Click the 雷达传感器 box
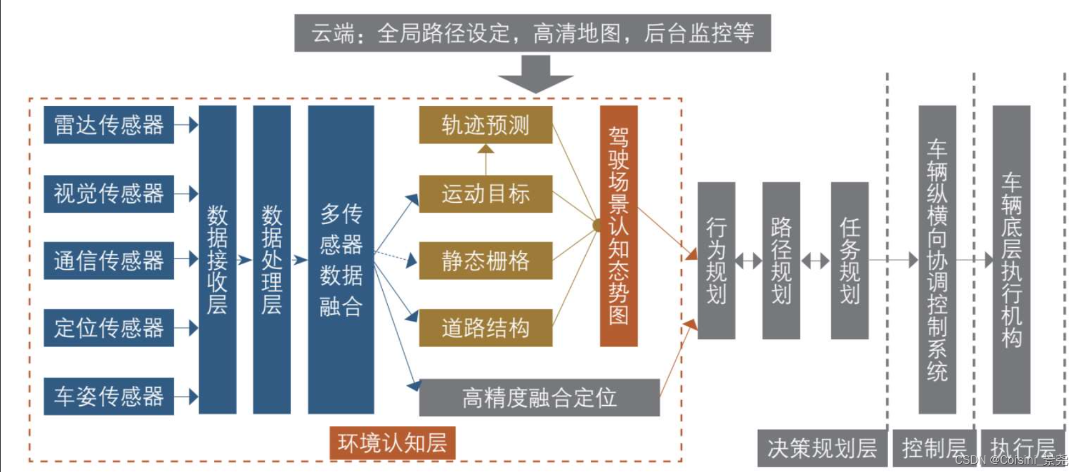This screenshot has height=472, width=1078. pos(109,125)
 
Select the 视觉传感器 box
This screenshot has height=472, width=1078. pos(109,194)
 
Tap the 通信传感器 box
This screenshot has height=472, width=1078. pos(109,260)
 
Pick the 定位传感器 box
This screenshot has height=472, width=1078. pos(109,328)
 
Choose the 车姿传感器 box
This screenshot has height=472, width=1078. pos(109,396)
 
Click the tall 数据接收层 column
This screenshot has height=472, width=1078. pos(217,259)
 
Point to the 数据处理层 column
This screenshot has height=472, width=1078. pos(272,259)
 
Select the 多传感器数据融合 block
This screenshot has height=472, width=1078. pos(341,259)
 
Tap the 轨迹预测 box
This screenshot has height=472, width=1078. pos(485,125)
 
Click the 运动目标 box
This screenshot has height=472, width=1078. pos(485,194)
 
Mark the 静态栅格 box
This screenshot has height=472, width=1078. pos(485,260)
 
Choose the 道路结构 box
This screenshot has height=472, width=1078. pos(485,328)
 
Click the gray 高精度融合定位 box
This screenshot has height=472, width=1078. pos(539,397)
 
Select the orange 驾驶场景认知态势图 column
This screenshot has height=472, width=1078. pos(618,225)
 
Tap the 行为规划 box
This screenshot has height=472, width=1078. pos(716,260)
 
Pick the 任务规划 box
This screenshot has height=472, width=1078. pos(849,260)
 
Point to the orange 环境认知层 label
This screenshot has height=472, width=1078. pos(392,443)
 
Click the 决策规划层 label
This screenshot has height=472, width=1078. pos(822,448)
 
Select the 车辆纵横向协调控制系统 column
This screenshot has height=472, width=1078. pos(937,259)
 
